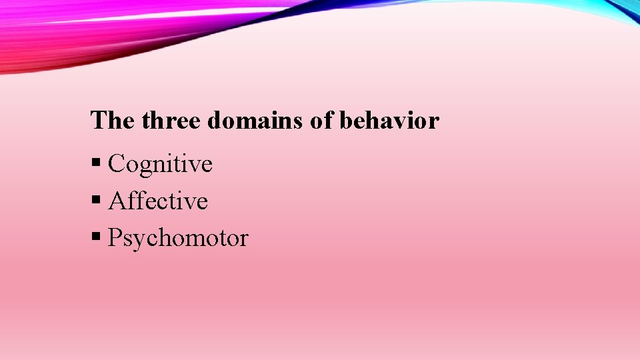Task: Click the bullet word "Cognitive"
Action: [x=160, y=164]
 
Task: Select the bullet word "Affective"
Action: [x=158, y=201]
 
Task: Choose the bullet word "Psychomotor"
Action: [x=178, y=239]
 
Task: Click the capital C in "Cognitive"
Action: [x=117, y=163]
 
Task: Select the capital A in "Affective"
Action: [x=117, y=201]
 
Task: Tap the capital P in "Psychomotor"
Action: [x=115, y=238]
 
